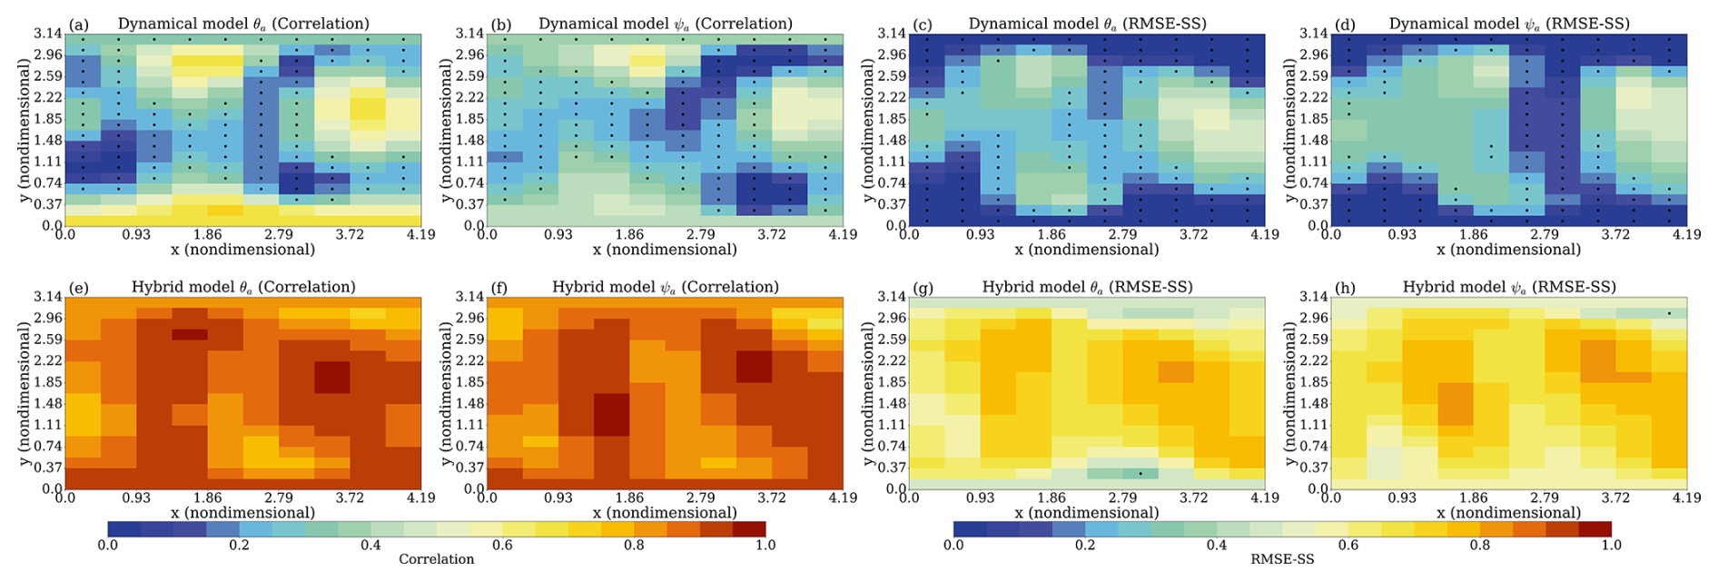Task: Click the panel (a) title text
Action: [243, 24]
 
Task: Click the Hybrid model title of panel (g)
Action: [1087, 287]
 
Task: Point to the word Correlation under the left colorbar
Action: [436, 559]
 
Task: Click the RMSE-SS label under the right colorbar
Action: [1282, 559]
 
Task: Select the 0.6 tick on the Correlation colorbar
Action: [502, 546]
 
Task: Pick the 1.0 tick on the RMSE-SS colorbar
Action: [1611, 546]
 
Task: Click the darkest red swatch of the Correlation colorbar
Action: [749, 529]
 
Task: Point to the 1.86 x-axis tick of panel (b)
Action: [629, 234]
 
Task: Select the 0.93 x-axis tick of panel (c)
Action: [980, 234]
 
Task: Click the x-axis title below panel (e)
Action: [242, 512]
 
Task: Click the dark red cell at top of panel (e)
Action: [190, 334]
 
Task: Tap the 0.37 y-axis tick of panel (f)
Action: [470, 468]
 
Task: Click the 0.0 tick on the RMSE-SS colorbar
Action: [953, 546]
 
